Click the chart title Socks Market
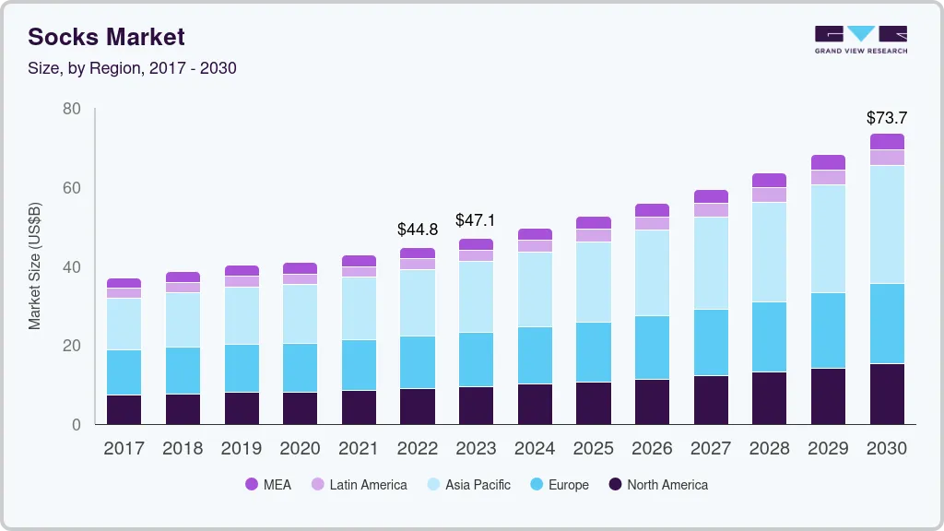106,37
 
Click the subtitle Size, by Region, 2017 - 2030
132,68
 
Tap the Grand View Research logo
860,39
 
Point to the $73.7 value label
887,118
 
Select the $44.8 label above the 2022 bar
417,229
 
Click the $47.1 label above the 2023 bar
476,220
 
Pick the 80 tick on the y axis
72,109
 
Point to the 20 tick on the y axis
72,346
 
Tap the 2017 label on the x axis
124,449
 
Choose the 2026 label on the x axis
653,449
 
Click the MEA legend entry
268,484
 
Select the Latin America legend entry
359,484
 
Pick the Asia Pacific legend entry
468,484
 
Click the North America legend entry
658,484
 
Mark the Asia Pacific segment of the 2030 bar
887,224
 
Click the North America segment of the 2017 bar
124,409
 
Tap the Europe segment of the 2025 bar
594,352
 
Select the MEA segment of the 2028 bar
769,180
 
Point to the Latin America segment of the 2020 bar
300,278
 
